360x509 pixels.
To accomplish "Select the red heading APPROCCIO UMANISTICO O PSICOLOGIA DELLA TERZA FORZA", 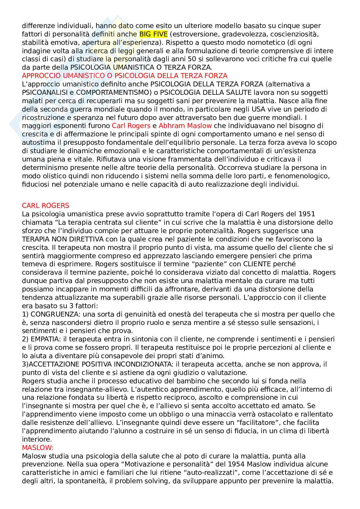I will click(125, 76).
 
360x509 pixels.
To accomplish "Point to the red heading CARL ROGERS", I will click(45, 205).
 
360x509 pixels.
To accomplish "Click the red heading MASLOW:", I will click(38, 447).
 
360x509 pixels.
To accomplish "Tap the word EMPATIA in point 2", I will click(45, 339).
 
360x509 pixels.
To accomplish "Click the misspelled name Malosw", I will click(33, 456).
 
